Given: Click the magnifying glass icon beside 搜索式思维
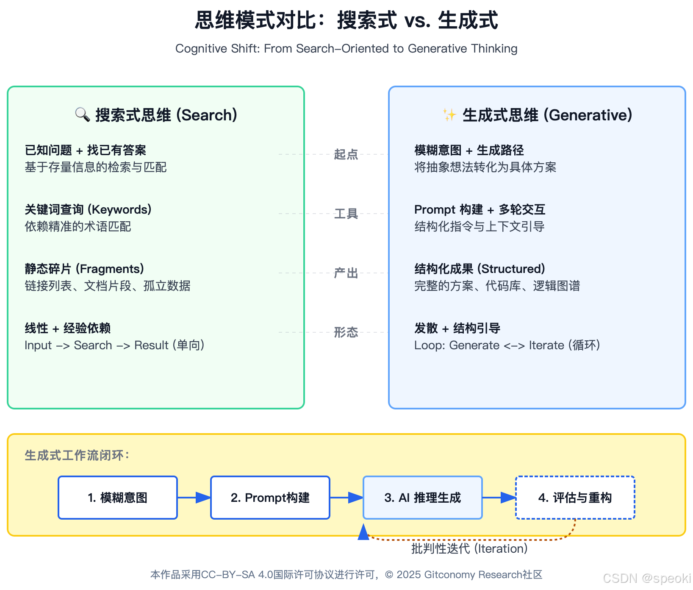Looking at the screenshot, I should pos(82,114).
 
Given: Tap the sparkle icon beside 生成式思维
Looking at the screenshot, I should pos(449,114).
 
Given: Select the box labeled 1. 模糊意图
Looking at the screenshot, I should pos(118,498).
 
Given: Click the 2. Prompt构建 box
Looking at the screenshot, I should pos(270,498).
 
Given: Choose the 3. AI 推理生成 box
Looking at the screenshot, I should pos(423,498).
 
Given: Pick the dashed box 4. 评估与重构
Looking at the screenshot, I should pos(575,498).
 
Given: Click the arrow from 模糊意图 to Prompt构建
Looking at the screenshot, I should pos(194,498).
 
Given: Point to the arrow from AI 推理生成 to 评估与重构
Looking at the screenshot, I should pos(499,498).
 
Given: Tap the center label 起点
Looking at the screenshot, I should pos(346,154).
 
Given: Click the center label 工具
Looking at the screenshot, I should pos(346,214).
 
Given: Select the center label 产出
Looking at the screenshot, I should pos(346,273).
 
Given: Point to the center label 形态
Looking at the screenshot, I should pos(346,332).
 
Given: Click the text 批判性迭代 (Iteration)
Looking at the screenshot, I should pos(469,548).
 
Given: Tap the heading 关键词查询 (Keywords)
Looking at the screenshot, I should pos(88,209).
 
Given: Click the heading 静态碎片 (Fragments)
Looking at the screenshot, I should pos(84,269).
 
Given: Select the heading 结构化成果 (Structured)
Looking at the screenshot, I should pos(480,269).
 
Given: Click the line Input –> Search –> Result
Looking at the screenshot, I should pos(114,345).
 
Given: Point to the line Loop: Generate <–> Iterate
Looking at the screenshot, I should pos(507,345).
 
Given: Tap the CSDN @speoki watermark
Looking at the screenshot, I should pos(646,578).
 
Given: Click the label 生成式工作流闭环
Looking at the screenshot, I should pos(77,455).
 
